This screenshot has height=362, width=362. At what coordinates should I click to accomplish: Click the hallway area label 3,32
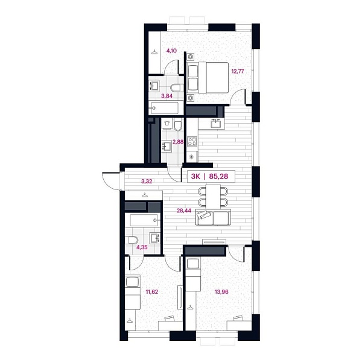point(147,181)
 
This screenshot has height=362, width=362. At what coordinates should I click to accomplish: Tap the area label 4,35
point(143,247)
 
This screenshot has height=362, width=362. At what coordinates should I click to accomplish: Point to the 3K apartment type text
point(196,176)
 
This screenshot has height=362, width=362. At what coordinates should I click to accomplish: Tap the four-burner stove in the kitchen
point(192,142)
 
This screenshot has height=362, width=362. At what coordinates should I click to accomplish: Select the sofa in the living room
point(212,218)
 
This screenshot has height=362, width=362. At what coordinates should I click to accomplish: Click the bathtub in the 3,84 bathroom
point(164,109)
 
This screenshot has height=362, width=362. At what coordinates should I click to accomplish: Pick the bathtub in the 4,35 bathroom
point(144,220)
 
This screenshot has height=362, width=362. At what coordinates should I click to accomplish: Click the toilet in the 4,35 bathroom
point(132,241)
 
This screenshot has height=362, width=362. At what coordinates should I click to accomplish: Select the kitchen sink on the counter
point(215,124)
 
